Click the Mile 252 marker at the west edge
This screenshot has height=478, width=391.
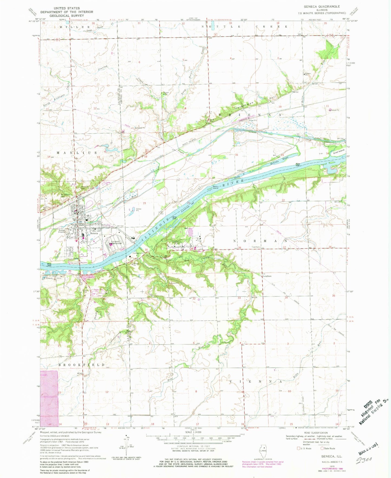coord(49,265)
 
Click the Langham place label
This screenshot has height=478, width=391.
coord(267,276)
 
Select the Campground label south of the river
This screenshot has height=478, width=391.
coord(138,253)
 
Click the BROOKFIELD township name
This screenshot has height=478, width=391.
coord(82,365)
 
